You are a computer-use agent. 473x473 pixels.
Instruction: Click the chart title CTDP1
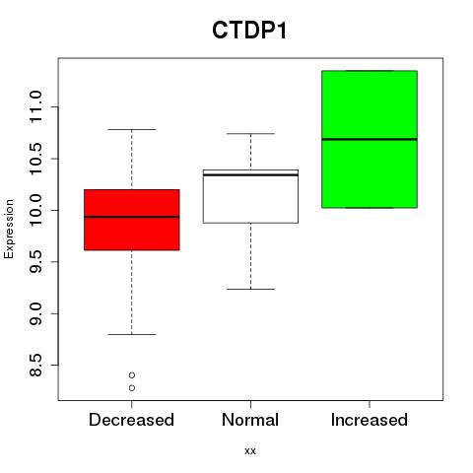(249, 31)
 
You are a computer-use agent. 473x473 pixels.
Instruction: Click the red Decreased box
(132, 220)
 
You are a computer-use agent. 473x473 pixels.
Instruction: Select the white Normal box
(250, 196)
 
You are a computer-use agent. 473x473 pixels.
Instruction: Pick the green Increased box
(370, 139)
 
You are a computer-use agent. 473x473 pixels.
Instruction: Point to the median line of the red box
(132, 217)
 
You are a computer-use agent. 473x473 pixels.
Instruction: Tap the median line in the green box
(370, 139)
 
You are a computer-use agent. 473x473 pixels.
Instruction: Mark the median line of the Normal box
(250, 174)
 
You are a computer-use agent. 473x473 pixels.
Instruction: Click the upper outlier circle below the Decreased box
(132, 375)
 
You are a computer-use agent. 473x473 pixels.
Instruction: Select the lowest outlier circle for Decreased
(132, 388)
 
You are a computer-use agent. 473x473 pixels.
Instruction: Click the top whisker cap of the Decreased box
(132, 129)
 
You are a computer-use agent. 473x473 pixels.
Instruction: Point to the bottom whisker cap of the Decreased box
(132, 334)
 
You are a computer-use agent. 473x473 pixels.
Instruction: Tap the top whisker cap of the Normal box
(250, 134)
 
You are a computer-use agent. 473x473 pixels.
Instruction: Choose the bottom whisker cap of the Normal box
(250, 289)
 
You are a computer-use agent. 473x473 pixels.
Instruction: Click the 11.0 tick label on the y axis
(35, 107)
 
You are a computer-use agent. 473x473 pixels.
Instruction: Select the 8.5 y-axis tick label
(35, 365)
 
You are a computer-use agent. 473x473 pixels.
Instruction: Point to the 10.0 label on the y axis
(35, 210)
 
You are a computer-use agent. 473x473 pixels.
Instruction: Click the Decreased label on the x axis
(131, 420)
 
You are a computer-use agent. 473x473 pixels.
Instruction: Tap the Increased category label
(370, 420)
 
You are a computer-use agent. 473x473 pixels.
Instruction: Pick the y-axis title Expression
(9, 229)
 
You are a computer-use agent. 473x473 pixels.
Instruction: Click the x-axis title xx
(250, 451)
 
